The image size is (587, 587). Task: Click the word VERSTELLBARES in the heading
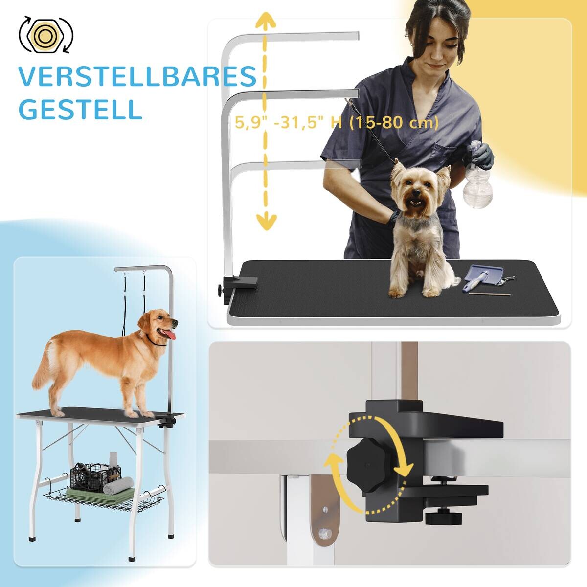coord(137,77)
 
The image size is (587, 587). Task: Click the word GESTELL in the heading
coord(80,110)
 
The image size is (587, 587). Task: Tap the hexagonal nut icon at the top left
coord(45,35)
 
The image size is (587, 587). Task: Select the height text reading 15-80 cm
coord(394,122)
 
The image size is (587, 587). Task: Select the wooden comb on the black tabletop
coord(489,294)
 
